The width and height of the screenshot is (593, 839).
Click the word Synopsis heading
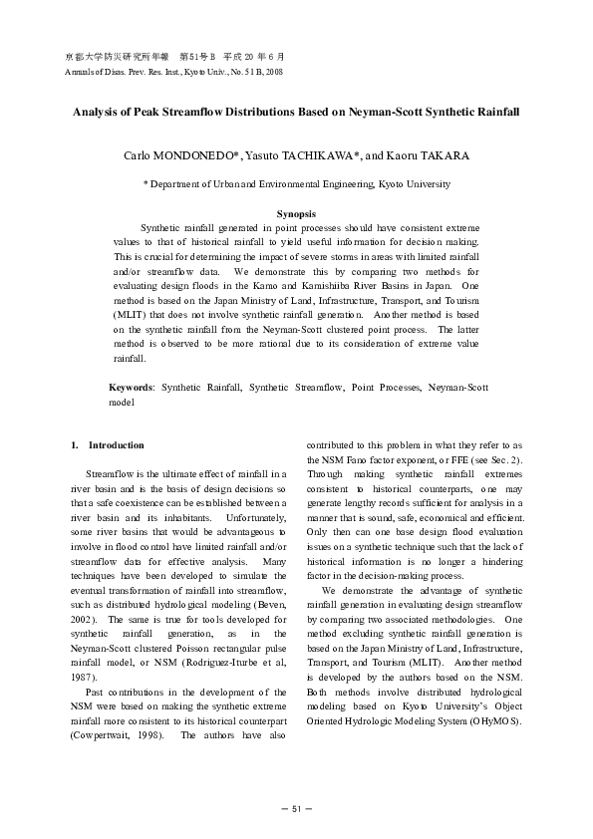point(296,213)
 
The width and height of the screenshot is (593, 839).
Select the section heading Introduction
point(116,444)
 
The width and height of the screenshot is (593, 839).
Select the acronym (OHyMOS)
point(490,720)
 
